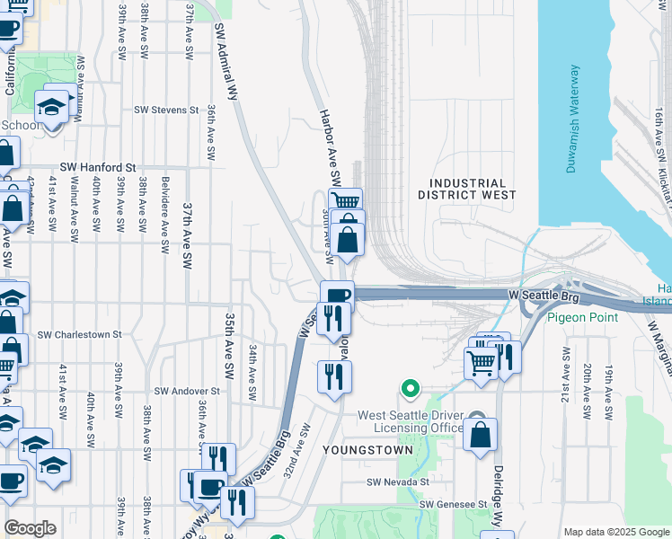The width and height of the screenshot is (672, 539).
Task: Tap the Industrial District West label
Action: [467, 189]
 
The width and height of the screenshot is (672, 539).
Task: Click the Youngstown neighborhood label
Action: [376, 449]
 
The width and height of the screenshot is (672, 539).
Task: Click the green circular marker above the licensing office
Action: [410, 389]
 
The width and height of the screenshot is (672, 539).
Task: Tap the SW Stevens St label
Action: [166, 110]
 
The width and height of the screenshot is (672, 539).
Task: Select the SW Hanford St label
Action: [97, 167]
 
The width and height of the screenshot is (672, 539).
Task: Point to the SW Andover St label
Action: [187, 391]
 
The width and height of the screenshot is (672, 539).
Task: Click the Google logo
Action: [31, 528]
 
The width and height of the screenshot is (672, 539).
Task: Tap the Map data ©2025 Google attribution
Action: [616, 532]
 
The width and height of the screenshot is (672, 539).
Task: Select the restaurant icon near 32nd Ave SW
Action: [334, 376]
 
